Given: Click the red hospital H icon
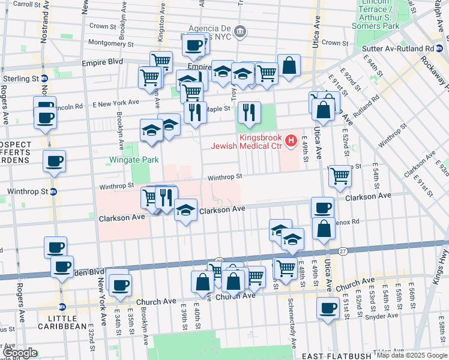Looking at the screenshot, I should [x=291, y=141].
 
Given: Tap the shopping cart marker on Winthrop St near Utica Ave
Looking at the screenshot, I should [x=340, y=176].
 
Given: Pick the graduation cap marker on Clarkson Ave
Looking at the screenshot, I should [x=185, y=211].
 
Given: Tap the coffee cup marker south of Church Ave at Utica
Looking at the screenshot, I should [x=328, y=308].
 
